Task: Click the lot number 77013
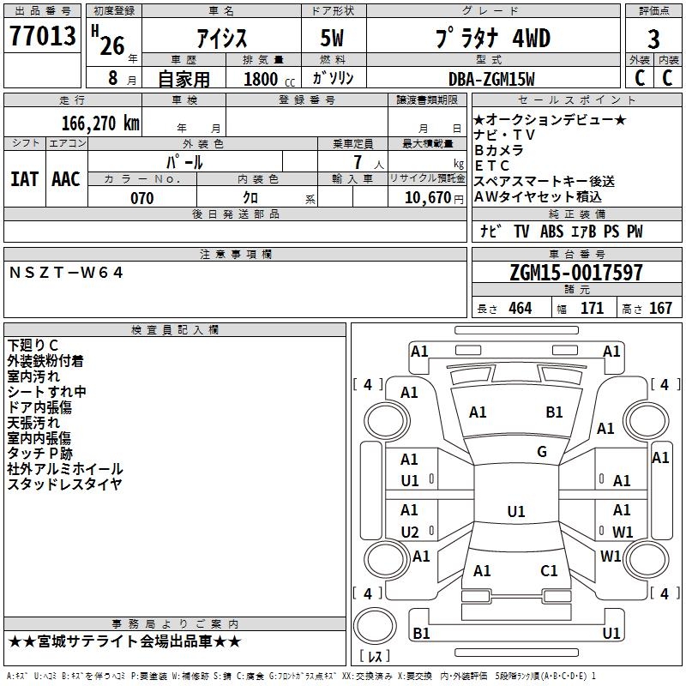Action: tap(42, 35)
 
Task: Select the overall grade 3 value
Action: tap(653, 39)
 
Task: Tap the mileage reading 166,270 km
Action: tap(100, 123)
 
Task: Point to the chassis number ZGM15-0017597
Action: tap(576, 273)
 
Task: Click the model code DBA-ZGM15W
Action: tap(491, 79)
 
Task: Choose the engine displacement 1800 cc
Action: tap(269, 79)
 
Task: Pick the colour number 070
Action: tap(142, 198)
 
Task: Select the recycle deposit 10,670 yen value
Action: tap(434, 198)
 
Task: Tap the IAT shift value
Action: tap(25, 179)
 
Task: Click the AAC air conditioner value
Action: tap(66, 179)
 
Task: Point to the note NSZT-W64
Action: tap(66, 273)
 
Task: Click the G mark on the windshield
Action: tap(542, 452)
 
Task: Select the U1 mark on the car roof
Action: tap(516, 511)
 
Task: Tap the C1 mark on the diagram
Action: tap(549, 570)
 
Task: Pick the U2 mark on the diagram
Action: tap(410, 532)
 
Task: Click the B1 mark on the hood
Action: tap(554, 412)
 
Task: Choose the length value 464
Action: tap(521, 309)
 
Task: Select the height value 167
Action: tap(660, 309)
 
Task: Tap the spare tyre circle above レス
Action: tap(375, 626)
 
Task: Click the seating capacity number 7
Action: tap(358, 162)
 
